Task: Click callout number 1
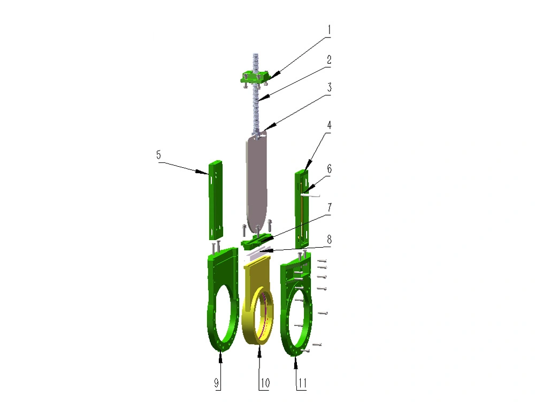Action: (x=329, y=29)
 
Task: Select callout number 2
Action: (x=329, y=60)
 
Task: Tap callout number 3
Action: (x=329, y=87)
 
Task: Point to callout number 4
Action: (x=329, y=125)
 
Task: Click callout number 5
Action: (x=158, y=155)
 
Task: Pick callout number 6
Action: (x=329, y=168)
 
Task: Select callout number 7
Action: (x=329, y=207)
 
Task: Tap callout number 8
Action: (x=329, y=239)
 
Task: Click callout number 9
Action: (x=216, y=383)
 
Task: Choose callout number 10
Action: (x=265, y=383)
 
